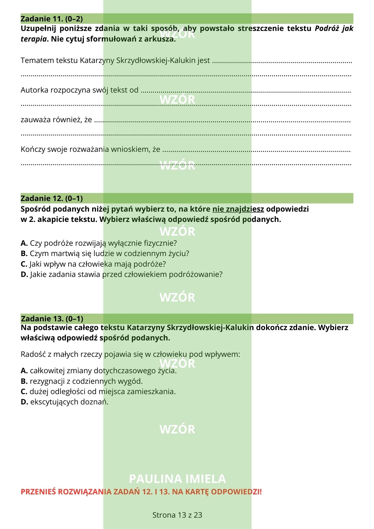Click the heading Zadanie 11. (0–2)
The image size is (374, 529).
52,19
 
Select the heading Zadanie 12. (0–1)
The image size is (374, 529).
52,198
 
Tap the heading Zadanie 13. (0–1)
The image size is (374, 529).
52,319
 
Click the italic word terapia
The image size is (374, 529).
34,39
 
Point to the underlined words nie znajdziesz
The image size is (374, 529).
238,209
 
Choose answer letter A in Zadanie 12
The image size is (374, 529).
24,243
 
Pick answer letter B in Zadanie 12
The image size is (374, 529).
24,254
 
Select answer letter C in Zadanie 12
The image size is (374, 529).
24,264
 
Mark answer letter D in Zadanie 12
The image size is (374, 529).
24,275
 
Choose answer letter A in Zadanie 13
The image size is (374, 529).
24,371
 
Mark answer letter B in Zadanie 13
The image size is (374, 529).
24,381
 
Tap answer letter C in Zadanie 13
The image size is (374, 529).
24,392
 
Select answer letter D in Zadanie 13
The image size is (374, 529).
24,402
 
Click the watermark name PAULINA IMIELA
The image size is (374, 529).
177,479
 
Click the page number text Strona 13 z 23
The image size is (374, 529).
177,515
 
